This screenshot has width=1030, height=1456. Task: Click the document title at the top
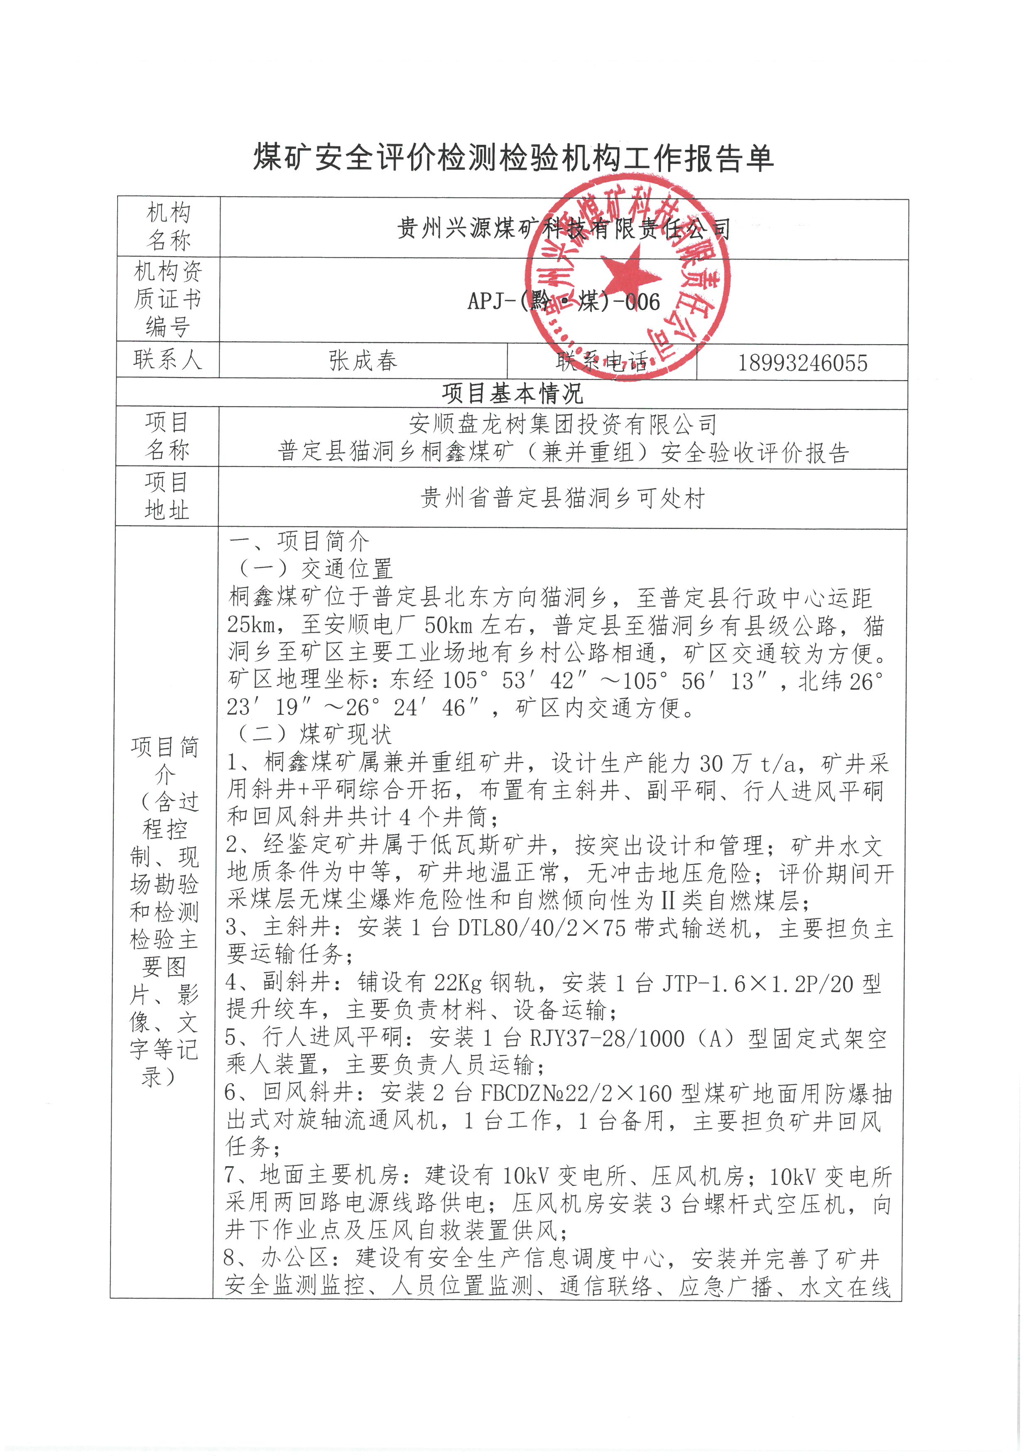click(x=514, y=157)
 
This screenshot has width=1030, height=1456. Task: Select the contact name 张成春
click(x=363, y=361)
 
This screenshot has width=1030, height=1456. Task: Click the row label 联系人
click(x=167, y=360)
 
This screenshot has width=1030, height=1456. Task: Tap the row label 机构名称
click(x=168, y=226)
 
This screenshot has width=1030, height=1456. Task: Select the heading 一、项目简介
click(x=298, y=541)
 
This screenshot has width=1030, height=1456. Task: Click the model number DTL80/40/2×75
click(x=542, y=928)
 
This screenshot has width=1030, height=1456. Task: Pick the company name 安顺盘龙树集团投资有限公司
click(x=563, y=423)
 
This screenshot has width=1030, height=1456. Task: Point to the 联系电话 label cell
click(x=601, y=362)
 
